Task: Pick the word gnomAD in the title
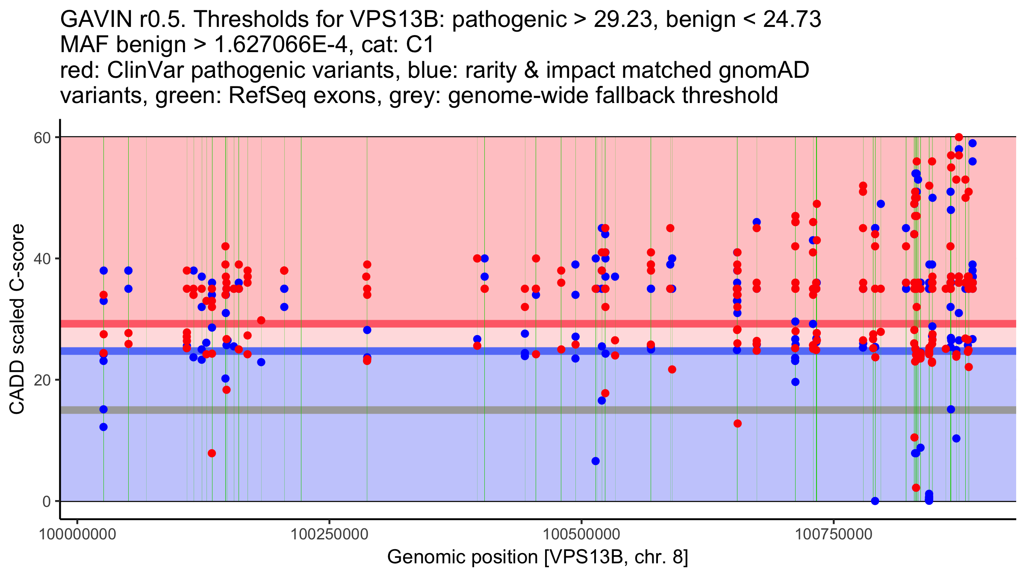[x=764, y=71]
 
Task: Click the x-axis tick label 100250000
[x=329, y=534]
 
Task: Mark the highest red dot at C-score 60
[x=959, y=137]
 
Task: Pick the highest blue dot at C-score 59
[x=973, y=143]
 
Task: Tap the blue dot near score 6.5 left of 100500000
[x=596, y=461]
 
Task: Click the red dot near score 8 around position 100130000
[x=212, y=453]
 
